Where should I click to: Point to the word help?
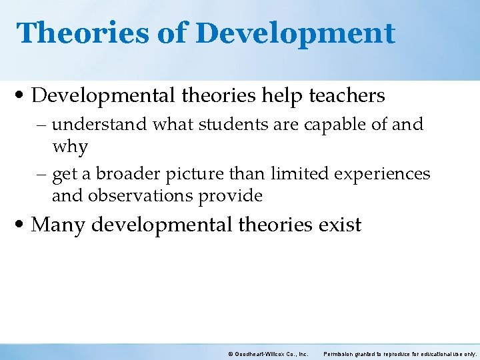282,96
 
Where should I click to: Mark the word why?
69,146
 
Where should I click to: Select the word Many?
58,225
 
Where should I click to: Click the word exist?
339,225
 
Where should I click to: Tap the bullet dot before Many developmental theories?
22,225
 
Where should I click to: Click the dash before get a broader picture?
42,175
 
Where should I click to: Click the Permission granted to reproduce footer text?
400,353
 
